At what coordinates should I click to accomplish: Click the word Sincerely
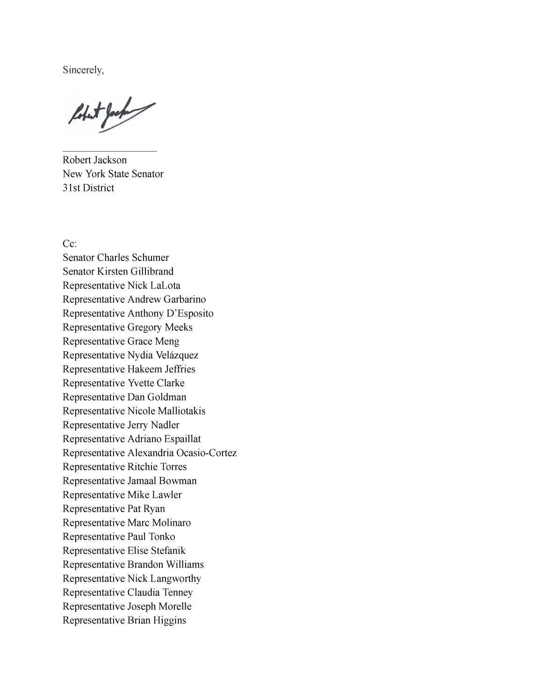tap(83, 70)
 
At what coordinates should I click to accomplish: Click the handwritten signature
tap(111, 114)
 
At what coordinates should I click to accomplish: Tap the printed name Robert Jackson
tap(94, 160)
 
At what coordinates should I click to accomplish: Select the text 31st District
tap(88, 188)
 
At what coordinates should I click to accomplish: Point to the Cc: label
tap(70, 244)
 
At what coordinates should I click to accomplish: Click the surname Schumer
tap(150, 258)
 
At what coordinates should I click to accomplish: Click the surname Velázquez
tap(177, 355)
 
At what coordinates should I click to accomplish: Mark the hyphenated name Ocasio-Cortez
tap(206, 453)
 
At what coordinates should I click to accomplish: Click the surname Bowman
tap(178, 481)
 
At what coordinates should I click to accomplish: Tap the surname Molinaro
tap(172, 523)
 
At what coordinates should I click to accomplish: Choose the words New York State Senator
tap(113, 174)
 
